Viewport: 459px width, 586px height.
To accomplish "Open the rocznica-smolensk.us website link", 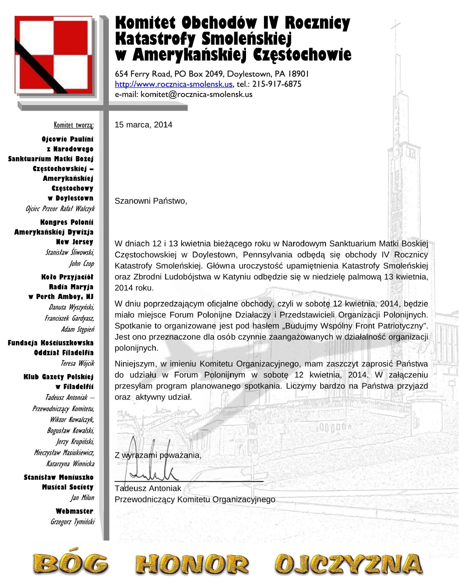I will (x=174, y=84).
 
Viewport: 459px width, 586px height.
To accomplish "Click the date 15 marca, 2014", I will (x=143, y=125).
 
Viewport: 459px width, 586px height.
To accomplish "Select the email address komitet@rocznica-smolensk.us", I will (x=196, y=94).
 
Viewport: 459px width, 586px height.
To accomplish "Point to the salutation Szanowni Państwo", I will (x=150, y=201).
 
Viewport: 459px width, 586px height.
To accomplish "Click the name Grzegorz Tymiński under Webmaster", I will (x=72, y=521).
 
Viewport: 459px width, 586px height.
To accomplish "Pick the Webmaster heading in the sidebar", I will (x=74, y=511).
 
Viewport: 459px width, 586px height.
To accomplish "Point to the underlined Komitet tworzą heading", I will (x=73, y=125).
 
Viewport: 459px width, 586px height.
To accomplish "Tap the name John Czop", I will (x=81, y=263).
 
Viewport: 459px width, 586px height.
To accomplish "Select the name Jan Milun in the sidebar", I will (x=82, y=497).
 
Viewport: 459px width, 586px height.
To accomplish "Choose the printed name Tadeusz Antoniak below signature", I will (x=148, y=488).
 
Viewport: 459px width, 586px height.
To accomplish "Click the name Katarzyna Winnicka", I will (x=70, y=464).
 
